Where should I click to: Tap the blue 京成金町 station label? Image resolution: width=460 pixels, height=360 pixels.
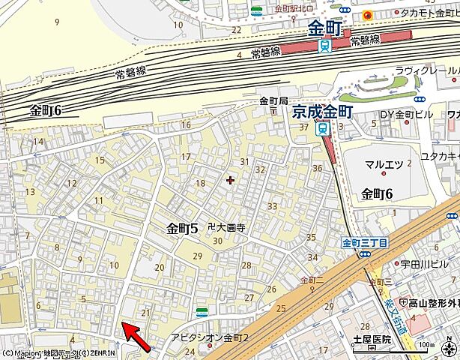point(322,110)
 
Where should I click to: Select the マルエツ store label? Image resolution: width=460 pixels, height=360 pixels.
point(384,164)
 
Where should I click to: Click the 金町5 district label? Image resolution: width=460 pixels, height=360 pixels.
point(182,229)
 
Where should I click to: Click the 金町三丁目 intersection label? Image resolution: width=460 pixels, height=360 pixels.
point(365,243)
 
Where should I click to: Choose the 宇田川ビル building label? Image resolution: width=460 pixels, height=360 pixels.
point(404,263)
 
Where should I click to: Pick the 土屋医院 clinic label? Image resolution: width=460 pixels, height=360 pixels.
point(372,339)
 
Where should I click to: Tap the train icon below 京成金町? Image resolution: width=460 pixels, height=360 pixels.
point(323,127)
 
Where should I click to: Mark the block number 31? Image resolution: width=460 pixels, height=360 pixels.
point(244,161)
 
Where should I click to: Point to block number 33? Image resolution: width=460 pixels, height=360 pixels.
point(272,206)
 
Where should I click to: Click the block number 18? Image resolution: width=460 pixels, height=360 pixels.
point(200,184)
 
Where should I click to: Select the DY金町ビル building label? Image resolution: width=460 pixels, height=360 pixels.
point(402,114)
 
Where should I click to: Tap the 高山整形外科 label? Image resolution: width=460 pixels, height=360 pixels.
point(433,302)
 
